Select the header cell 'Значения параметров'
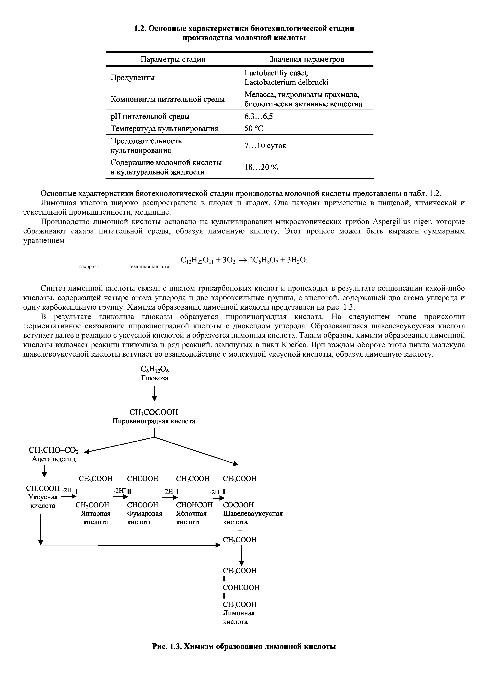coord(306,59)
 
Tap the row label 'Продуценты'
coord(133,77)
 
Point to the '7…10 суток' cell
coord(265,146)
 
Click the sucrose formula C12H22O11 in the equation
coord(197,260)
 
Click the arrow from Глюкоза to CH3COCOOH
coord(154,394)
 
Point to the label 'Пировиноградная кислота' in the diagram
coord(154,421)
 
